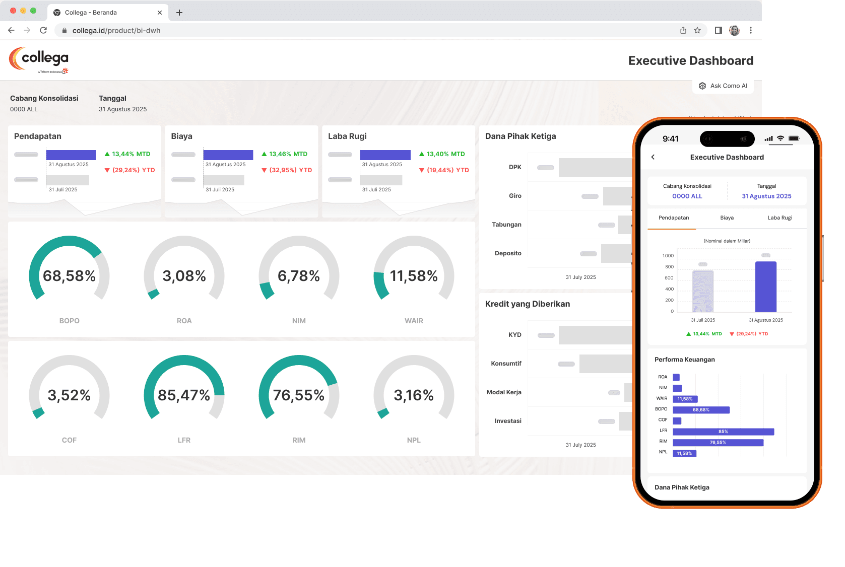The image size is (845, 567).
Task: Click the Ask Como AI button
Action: (x=723, y=86)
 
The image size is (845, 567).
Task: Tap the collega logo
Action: (x=39, y=60)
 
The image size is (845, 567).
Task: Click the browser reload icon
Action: (x=43, y=30)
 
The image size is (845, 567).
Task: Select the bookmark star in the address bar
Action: (x=697, y=30)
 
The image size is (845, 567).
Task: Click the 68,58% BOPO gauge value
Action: (x=69, y=276)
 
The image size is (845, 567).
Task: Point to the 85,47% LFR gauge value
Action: (x=184, y=395)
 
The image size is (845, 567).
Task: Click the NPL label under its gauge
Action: (x=414, y=440)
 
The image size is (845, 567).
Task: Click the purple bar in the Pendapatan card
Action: (x=71, y=155)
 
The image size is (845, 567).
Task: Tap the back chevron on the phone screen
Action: (x=653, y=157)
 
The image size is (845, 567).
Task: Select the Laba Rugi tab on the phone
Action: (x=779, y=218)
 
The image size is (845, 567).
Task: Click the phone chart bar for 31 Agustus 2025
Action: (x=766, y=287)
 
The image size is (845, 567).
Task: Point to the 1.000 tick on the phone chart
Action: (x=668, y=256)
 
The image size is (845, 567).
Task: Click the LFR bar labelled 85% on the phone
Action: (x=723, y=432)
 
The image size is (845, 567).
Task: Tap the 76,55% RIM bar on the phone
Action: (x=718, y=443)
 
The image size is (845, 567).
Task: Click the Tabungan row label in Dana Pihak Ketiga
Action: (x=506, y=225)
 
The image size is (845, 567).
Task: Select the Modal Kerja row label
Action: (x=504, y=392)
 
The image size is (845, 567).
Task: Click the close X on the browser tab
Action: (x=160, y=13)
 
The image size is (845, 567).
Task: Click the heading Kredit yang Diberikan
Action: (x=528, y=304)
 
